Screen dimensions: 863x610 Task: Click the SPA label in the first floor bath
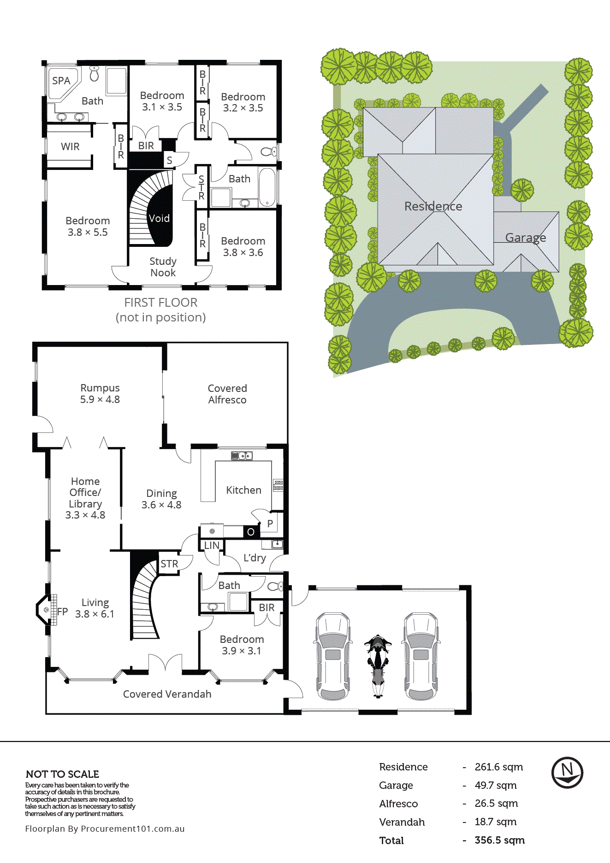point(61,81)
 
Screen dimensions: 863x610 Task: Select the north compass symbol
point(567,772)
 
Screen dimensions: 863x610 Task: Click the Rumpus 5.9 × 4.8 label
point(100,394)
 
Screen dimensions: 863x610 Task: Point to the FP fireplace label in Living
point(62,612)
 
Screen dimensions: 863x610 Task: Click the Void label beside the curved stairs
point(159,218)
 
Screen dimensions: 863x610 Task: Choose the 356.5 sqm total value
point(499,840)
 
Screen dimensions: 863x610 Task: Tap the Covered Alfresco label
point(227,394)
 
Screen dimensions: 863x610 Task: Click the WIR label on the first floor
point(70,147)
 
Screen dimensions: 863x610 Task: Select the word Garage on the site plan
point(525,238)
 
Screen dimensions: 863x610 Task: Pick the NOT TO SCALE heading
point(62,774)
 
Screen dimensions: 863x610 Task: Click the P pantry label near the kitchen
point(270,524)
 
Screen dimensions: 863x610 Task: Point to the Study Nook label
point(163,267)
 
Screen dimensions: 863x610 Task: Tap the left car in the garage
point(332,656)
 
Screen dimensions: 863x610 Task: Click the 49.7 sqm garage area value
point(495,785)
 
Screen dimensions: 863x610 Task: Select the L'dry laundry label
point(255,558)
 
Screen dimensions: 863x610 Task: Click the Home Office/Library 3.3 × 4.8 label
point(85,498)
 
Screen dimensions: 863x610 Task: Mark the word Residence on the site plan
point(433,206)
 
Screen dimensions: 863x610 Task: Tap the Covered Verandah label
point(167,694)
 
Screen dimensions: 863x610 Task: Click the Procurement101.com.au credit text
point(105,828)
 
